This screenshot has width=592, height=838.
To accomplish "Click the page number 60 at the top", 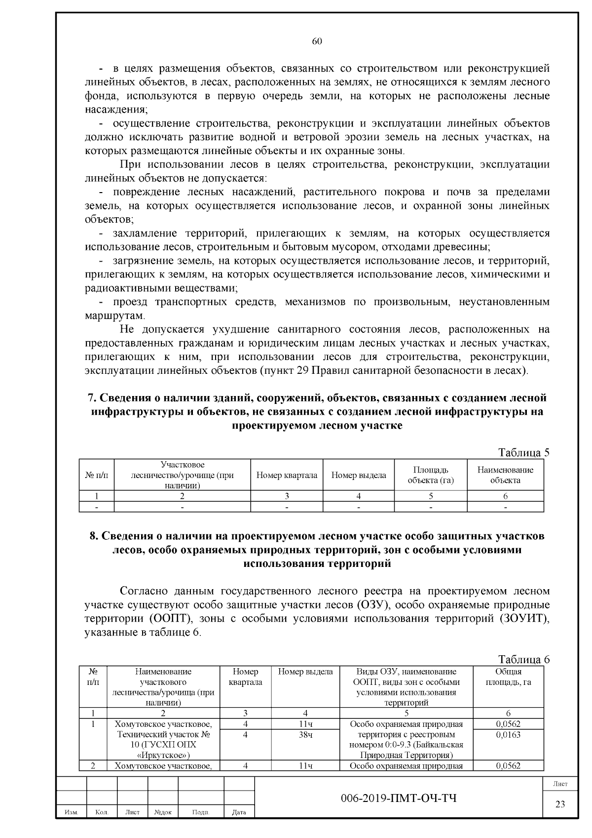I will (x=317, y=41).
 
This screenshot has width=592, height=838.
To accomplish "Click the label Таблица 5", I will (x=523, y=452).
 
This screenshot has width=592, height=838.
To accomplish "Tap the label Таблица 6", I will (x=523, y=659).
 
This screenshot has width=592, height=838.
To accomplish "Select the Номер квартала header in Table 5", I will (x=287, y=475).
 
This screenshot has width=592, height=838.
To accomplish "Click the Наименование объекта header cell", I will (x=505, y=475).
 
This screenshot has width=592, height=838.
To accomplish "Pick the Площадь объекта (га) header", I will (x=430, y=475).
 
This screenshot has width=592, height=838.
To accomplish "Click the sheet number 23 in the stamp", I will (x=560, y=804).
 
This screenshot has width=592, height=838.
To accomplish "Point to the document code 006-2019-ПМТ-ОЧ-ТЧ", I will (x=399, y=798).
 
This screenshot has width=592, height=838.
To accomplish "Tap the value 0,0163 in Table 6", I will (x=508, y=734).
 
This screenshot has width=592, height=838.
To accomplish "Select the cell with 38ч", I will (x=305, y=734).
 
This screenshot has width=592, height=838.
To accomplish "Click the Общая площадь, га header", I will (x=508, y=677).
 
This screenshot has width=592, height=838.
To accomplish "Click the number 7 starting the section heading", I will (x=90, y=398).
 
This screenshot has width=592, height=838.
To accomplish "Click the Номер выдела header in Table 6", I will (x=305, y=672).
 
